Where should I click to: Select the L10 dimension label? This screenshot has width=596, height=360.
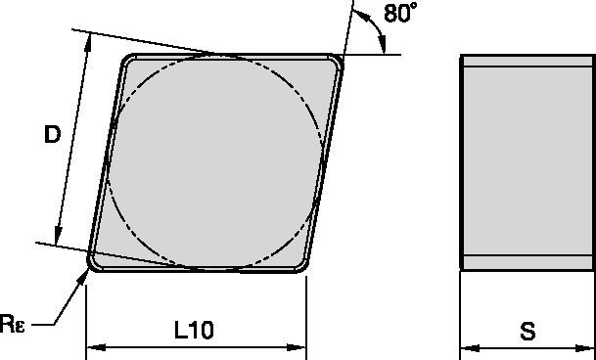[194, 331]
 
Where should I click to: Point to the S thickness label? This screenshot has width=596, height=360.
[528, 331]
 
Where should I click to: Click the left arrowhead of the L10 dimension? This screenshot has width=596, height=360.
[92, 346]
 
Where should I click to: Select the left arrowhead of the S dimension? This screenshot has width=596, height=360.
[466, 346]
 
